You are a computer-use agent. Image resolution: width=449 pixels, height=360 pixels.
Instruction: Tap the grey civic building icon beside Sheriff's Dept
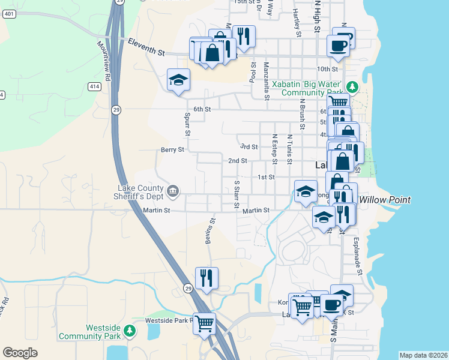tap(173, 191)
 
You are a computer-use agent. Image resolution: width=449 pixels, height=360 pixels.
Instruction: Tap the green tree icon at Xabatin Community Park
tap(354, 88)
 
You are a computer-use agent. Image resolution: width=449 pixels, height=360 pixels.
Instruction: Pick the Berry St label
tap(172, 150)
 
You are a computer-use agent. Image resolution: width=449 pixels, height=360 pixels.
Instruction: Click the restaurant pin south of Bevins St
tap(206, 278)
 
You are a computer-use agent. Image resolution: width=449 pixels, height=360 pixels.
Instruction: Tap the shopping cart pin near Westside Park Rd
tap(205, 323)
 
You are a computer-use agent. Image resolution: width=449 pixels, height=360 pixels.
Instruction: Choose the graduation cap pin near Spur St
tap(178, 81)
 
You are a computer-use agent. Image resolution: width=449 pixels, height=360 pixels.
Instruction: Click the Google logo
tap(20, 353)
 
